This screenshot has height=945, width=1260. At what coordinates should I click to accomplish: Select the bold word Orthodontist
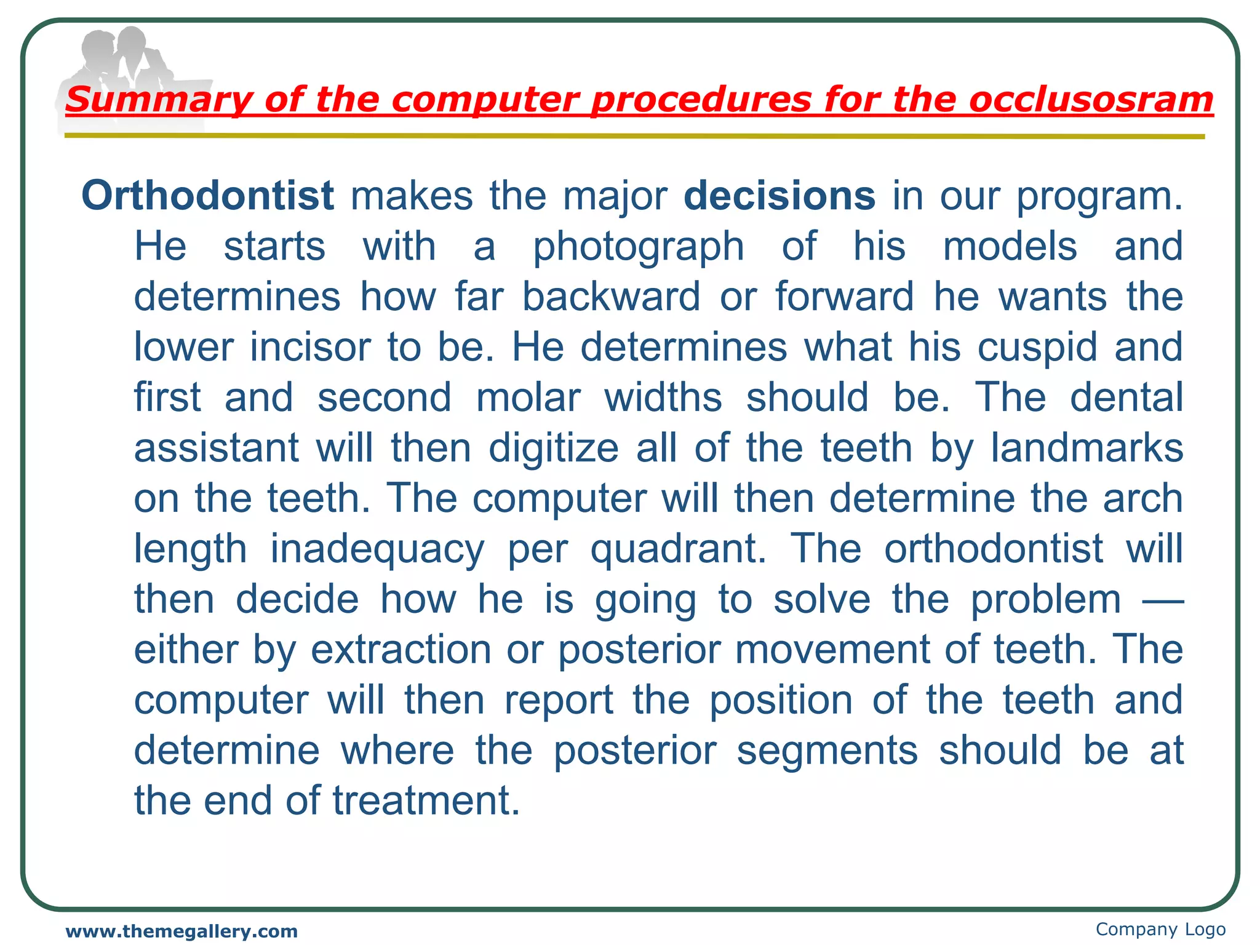click(207, 196)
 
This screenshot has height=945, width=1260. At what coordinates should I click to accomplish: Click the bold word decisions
click(780, 196)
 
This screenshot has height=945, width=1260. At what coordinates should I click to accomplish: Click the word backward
click(611, 297)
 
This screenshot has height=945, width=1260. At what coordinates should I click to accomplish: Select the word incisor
click(311, 348)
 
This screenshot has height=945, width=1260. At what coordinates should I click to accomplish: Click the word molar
click(528, 398)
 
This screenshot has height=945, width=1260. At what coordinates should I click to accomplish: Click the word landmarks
click(1087, 448)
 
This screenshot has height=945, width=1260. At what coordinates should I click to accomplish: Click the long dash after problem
click(1162, 599)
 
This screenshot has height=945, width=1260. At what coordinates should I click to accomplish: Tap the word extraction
click(401, 650)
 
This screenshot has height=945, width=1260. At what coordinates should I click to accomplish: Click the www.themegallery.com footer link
click(181, 931)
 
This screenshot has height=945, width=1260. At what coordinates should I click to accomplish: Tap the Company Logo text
click(1160, 929)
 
